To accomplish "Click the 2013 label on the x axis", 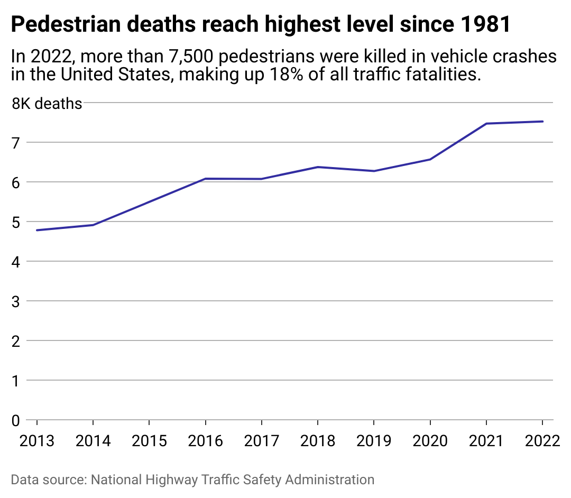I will click(x=37, y=440).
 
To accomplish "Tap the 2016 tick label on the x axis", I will click(x=205, y=440).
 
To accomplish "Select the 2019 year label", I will click(x=374, y=440).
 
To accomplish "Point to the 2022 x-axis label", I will click(x=542, y=440).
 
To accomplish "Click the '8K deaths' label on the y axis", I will click(x=47, y=104).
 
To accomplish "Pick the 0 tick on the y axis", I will click(x=16, y=421).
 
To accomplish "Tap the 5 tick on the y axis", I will click(x=16, y=222).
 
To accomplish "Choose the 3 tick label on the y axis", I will click(x=16, y=301).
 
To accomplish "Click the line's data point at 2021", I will click(x=486, y=124).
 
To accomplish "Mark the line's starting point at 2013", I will click(x=37, y=230).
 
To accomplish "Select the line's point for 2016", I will click(x=205, y=179).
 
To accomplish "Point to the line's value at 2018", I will click(x=317, y=167).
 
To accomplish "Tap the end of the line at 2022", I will click(x=542, y=122).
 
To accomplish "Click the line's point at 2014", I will click(x=93, y=225).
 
